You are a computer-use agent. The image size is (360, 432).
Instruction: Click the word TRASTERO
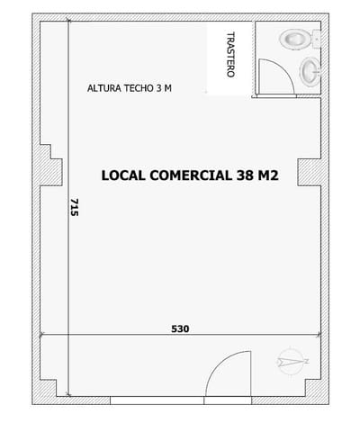pyautogui.click(x=231, y=58)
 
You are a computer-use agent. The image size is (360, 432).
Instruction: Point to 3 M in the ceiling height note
pyautogui.click(x=166, y=88)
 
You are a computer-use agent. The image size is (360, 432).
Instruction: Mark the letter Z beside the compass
pyautogui.click(x=307, y=362)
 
